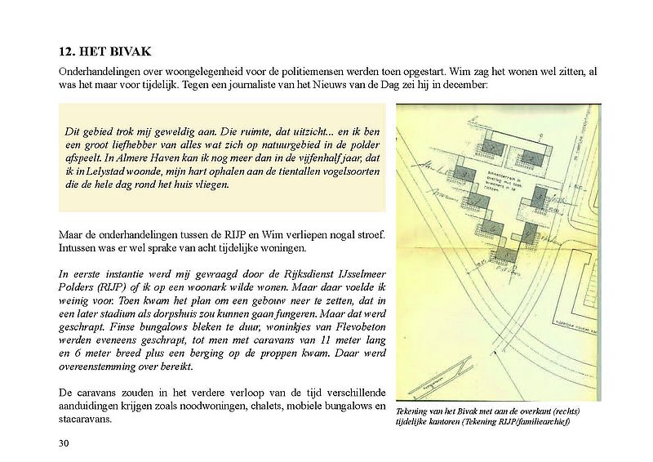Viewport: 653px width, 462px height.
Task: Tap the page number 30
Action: (x=64, y=443)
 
